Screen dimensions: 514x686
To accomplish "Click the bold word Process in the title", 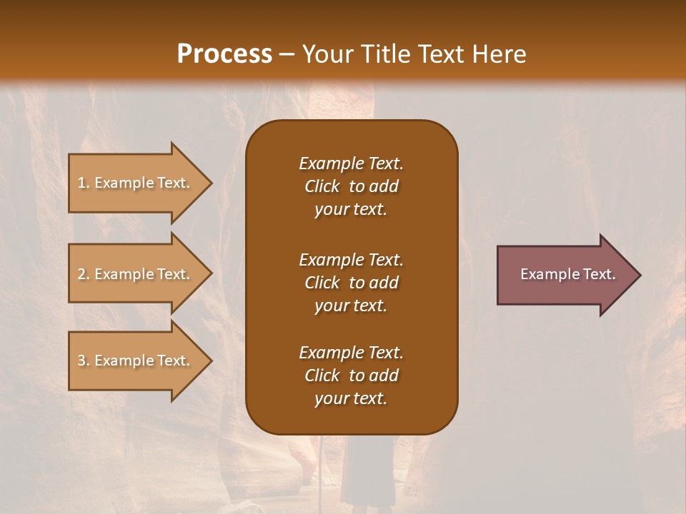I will coord(224,54).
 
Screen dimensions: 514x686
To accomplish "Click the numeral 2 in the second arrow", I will coord(81,274).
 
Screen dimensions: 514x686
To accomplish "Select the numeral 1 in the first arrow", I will coord(81,183).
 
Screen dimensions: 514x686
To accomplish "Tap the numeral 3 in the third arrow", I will coord(81,361).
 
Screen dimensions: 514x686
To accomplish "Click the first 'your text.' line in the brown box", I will coord(351,210).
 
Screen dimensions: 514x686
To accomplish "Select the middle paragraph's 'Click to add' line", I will coord(351,283).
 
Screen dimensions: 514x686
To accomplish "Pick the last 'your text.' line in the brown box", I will coord(351,399).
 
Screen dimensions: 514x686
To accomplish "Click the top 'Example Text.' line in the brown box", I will coord(351,163).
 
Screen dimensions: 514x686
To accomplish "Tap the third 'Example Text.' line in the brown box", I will coord(351,353).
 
